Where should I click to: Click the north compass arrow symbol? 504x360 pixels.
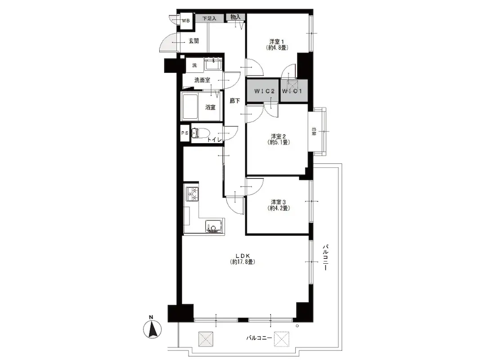click(152, 328)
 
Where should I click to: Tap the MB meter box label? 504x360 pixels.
click(186, 21)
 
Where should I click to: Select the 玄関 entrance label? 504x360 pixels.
click(193, 41)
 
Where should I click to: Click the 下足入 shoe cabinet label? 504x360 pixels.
click(209, 18)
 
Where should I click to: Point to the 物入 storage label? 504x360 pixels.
click(236, 17)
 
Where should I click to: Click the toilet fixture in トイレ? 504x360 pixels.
click(200, 133)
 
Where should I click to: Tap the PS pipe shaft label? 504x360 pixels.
click(185, 133)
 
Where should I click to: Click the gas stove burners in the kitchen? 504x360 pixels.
click(192, 193)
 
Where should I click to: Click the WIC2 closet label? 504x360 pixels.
click(265, 91)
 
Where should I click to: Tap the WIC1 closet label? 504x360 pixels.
click(292, 91)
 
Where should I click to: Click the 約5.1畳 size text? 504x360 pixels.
click(279, 142)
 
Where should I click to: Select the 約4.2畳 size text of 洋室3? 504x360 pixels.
click(279, 208)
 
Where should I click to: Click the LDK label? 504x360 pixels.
click(243, 256)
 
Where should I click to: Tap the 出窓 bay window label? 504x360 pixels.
click(314, 131)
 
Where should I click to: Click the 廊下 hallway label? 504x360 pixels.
click(235, 101)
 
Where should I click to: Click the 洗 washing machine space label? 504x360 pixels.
click(194, 66)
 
